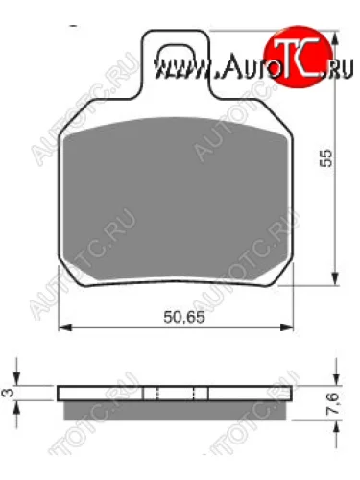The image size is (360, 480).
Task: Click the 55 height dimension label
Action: point(326,161)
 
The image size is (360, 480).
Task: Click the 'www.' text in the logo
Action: point(175,69)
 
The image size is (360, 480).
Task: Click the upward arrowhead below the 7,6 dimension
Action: point(335,423)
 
